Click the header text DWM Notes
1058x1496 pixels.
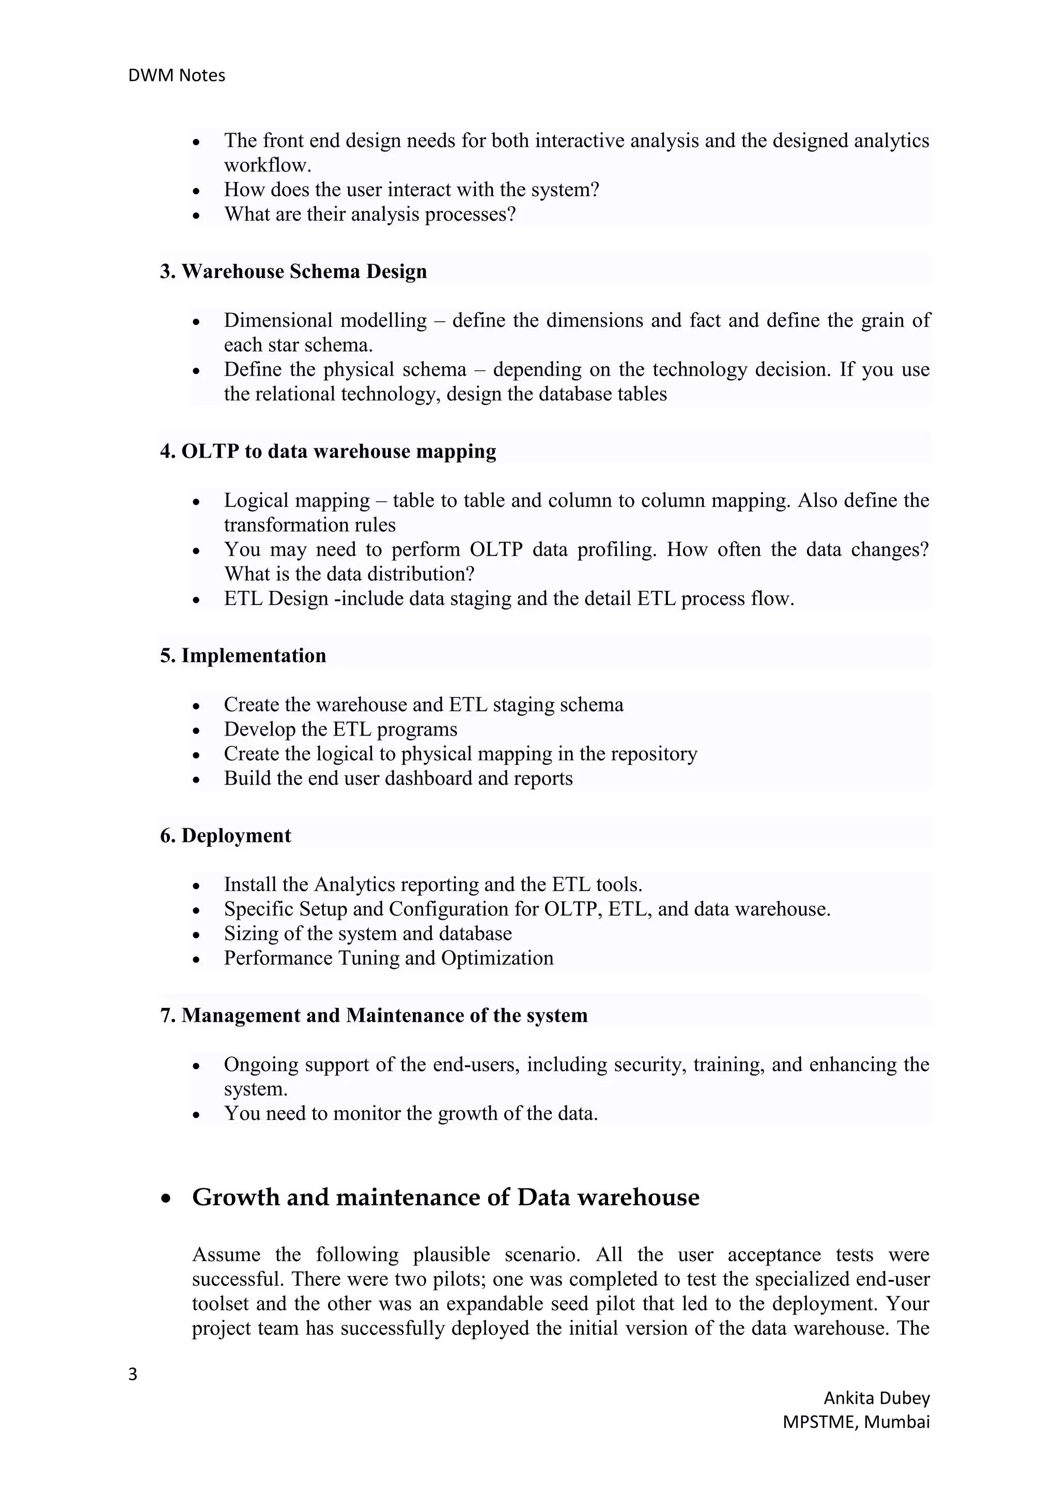point(177,75)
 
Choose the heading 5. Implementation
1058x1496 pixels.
point(243,655)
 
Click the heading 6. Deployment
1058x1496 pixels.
point(225,835)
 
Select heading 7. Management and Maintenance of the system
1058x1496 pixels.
point(374,1015)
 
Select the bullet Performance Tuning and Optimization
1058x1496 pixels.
point(388,958)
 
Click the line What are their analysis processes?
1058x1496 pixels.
point(369,214)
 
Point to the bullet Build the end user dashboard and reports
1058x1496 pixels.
point(398,778)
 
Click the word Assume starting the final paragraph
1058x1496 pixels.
point(225,1254)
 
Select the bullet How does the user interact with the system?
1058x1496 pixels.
point(411,190)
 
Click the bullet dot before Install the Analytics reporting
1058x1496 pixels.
point(197,886)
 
